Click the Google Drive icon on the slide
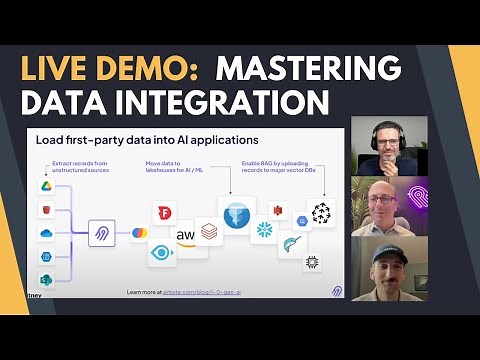click(x=46, y=186)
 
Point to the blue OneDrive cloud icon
click(x=46, y=232)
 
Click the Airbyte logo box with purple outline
click(x=102, y=233)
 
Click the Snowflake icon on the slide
click(x=266, y=230)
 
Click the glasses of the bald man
click(x=381, y=203)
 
